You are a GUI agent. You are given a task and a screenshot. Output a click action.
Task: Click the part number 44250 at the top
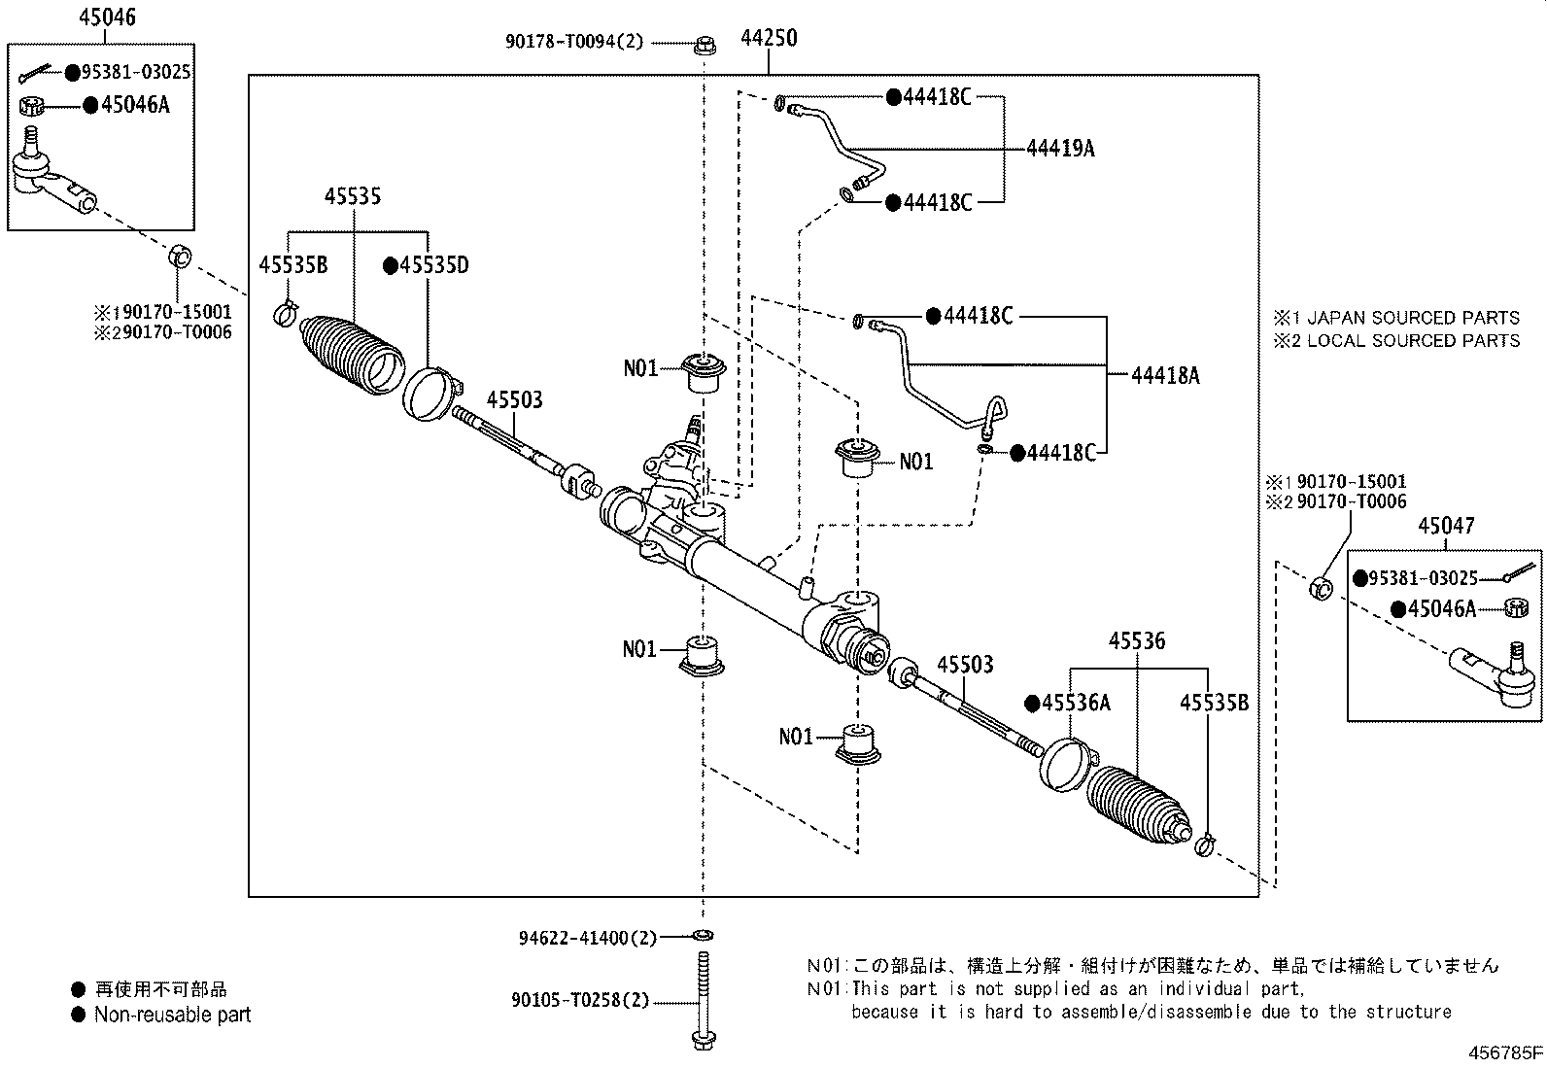tap(769, 38)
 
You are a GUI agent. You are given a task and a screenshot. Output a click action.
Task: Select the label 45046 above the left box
tap(108, 17)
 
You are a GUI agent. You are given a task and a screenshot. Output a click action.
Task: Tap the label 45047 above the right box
tap(1445, 526)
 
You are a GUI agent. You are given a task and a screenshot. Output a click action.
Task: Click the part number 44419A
tap(1060, 148)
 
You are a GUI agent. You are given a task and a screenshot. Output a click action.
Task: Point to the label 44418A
tap(1165, 375)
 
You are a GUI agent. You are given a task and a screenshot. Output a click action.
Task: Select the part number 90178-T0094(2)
tap(573, 42)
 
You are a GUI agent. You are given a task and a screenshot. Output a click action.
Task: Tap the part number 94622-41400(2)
tap(587, 938)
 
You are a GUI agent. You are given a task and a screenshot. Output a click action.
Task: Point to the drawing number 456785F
tap(1505, 1052)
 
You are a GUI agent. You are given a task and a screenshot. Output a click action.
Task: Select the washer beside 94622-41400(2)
tap(703, 936)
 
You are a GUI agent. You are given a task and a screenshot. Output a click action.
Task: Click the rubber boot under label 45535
tap(350, 357)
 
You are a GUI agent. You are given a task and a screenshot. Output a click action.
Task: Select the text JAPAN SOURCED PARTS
tap(1412, 318)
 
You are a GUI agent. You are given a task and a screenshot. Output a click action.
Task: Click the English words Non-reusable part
tap(172, 1015)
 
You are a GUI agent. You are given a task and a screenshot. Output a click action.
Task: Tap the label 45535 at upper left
tap(353, 196)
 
